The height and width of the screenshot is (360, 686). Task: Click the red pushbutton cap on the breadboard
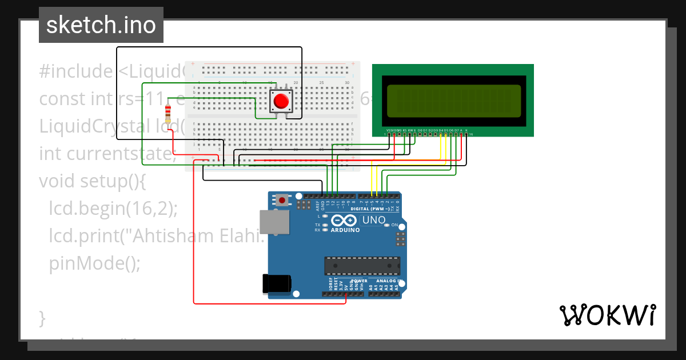281,101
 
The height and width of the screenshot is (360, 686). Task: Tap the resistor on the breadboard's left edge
167,113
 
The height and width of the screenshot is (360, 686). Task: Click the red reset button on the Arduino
282,200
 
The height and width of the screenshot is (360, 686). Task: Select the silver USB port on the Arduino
274,222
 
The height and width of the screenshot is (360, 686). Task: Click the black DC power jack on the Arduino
276,284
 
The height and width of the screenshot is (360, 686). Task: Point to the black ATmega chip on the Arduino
362,266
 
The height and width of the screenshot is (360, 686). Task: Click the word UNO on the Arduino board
374,220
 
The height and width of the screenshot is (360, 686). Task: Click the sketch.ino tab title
101,25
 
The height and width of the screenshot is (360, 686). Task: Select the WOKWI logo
607,315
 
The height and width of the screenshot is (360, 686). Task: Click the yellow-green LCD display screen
454,99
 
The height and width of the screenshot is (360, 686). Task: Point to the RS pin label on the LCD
405,130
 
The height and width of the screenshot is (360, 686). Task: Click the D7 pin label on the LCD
456,130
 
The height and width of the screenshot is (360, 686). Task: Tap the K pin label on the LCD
466,130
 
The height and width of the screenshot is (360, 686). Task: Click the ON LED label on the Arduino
394,225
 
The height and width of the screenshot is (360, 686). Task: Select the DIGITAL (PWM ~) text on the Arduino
370,209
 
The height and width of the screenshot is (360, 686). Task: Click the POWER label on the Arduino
359,281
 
